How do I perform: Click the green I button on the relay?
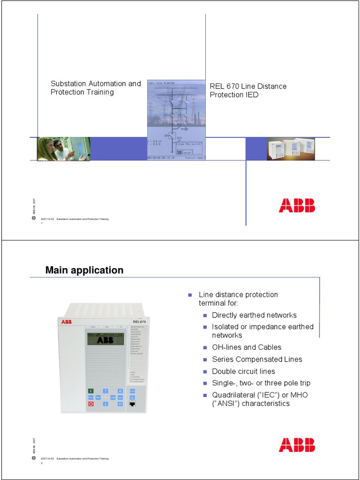point(91,390)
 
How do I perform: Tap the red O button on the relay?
point(91,403)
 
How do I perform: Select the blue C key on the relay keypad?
point(120,403)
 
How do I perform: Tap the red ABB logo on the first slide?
point(297,205)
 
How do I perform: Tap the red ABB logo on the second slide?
point(297,445)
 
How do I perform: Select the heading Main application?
point(84,270)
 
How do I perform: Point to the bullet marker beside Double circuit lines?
point(205,372)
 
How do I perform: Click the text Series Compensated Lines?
point(257,359)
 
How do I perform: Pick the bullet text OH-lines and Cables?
point(247,347)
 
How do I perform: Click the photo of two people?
point(63,149)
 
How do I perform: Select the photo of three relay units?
point(291,149)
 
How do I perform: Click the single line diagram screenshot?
point(176,120)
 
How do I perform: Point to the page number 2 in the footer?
point(42,463)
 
